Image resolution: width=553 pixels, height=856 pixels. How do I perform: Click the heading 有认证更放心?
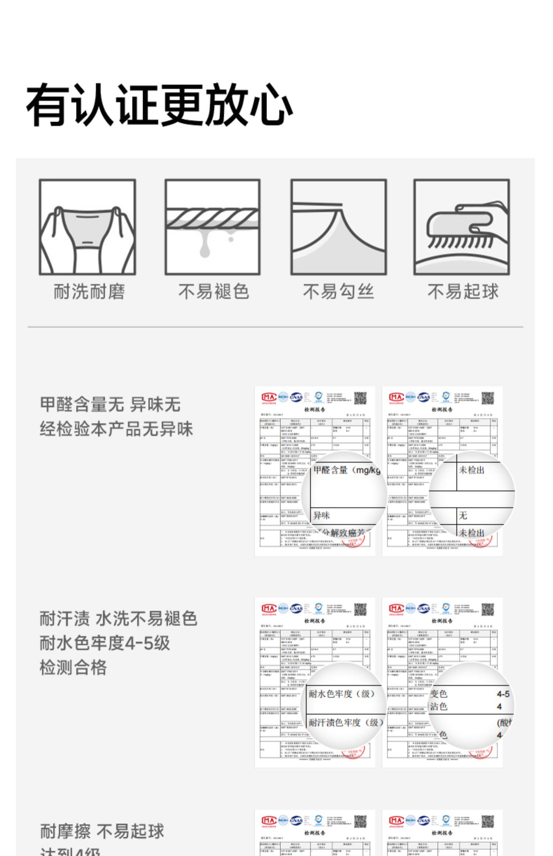point(159,105)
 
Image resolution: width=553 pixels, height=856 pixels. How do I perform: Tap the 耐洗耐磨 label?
point(89,292)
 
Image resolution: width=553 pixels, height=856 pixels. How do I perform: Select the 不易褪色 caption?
point(213,292)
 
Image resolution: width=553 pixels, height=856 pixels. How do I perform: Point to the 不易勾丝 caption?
point(338,292)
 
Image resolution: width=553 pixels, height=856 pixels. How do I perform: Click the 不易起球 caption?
point(463,292)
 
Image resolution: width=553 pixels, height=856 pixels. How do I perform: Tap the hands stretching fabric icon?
point(87,227)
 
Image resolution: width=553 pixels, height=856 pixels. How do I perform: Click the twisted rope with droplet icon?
point(212,227)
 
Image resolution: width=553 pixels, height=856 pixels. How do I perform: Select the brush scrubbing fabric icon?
point(461,227)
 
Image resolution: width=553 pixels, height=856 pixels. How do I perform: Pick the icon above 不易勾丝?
point(338,227)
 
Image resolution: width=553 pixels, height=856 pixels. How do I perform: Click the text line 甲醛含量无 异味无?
point(110,404)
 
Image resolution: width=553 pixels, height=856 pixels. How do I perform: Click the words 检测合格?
point(73,668)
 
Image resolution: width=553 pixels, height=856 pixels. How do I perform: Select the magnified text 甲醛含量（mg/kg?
point(347,470)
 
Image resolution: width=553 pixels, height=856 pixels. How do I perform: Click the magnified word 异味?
point(321,515)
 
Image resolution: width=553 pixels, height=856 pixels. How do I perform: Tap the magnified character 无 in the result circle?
point(463,515)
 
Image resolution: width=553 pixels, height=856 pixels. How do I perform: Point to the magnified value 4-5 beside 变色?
point(503,694)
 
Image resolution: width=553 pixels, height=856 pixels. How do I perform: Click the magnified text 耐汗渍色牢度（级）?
point(346,723)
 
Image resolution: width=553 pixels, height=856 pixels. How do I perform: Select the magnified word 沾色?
point(439,706)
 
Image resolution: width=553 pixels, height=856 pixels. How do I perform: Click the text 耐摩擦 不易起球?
point(102,831)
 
